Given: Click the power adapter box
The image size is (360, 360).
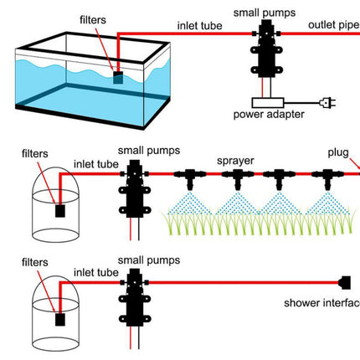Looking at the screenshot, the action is (268, 103).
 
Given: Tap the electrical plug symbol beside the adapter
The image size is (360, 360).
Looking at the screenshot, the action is (327, 103).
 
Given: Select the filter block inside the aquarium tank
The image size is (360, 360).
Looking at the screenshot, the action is (118, 77).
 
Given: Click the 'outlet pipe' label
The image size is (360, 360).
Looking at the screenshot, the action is (334, 25).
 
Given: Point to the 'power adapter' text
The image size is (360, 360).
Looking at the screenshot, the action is (269, 115).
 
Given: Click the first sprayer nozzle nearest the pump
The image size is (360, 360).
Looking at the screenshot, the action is (190, 178).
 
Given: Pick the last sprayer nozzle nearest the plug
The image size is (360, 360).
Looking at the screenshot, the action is (327, 178).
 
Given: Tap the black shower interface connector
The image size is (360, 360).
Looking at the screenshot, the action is (344, 283).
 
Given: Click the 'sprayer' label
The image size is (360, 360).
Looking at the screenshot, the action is (235, 161).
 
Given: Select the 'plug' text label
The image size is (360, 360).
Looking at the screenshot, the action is (338, 152).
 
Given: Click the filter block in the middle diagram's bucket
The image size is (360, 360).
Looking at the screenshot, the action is (60, 211).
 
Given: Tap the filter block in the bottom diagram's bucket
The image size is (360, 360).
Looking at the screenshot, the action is (60, 319).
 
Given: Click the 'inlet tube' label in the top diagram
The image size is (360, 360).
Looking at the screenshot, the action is (200, 26).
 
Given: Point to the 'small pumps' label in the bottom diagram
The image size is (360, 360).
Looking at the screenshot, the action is (149, 260).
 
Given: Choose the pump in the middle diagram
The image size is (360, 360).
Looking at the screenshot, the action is (135, 188).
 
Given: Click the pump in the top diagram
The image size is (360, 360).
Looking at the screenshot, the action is (265, 49).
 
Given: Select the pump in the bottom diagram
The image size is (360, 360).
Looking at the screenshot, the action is (135, 297).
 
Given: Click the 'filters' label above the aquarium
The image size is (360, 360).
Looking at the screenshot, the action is (93, 20).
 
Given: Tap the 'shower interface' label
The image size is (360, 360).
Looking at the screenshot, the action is (321, 303).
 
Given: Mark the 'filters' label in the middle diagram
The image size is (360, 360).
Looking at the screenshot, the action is (35, 153).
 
